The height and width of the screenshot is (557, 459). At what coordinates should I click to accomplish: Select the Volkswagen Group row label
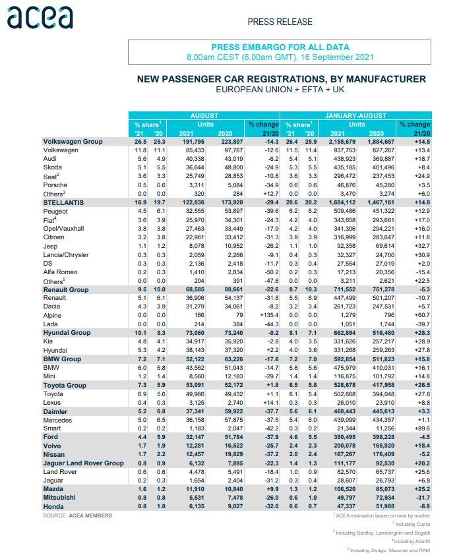pos(73,142)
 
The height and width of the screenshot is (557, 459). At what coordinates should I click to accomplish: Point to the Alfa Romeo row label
pos(61,272)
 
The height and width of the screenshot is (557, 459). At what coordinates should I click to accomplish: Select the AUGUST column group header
pos(204,115)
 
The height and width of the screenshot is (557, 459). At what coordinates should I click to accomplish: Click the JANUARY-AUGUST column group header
pos(356,115)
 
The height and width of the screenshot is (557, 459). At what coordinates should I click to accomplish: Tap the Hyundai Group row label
pos(67,333)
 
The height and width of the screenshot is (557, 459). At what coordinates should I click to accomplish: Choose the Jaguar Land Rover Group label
pos(83,463)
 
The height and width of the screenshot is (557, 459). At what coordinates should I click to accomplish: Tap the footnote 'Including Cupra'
pos(412,523)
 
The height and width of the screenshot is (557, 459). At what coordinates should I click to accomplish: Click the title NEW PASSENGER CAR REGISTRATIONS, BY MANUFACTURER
pos(281,79)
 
